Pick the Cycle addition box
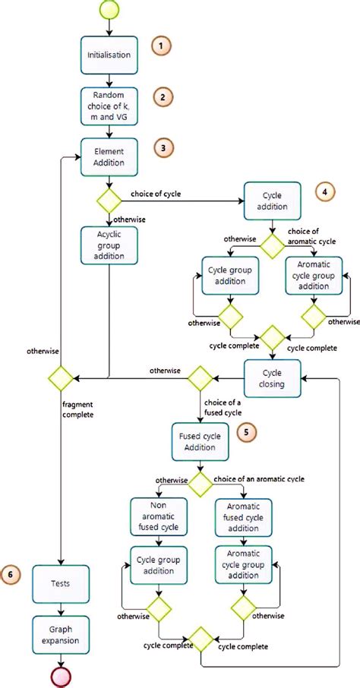pos(273,201)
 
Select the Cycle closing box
pos(273,377)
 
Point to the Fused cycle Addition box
pos(201,441)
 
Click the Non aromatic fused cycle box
pos(156,517)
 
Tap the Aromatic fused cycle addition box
pos(242,517)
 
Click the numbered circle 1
pos(161,46)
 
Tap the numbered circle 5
pos(248,432)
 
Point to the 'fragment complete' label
pos(90,410)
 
